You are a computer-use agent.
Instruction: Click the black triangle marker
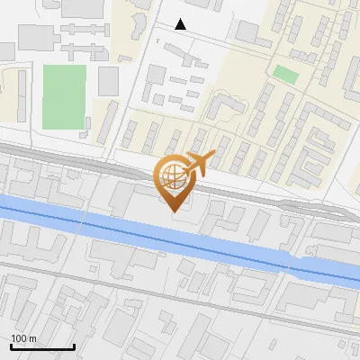pos(181,24)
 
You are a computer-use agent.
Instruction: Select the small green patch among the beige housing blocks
pos(285,74)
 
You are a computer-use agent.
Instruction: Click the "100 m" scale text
pos(24,338)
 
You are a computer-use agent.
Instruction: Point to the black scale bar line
pos(42,347)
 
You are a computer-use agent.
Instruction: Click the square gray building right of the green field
pos(109,81)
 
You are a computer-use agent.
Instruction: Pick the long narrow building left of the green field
pos(20,94)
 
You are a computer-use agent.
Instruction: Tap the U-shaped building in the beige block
pos(225,108)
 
